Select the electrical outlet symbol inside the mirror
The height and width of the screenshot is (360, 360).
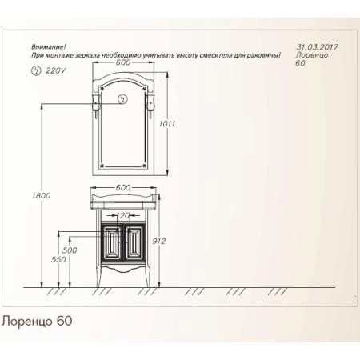(x=122, y=99)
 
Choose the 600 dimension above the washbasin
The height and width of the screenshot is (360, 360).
(x=122, y=187)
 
